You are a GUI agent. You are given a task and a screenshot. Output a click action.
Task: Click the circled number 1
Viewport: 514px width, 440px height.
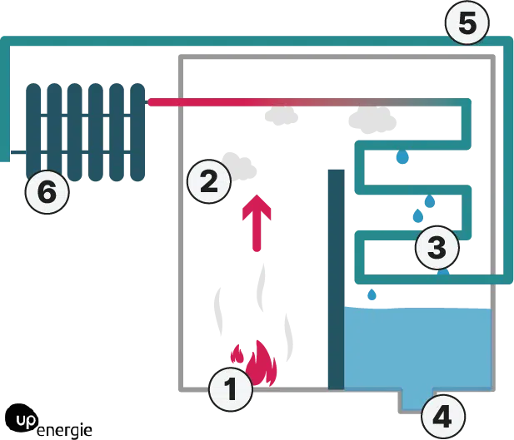[231, 389]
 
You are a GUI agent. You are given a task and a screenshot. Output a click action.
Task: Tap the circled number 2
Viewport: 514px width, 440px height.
[207, 180]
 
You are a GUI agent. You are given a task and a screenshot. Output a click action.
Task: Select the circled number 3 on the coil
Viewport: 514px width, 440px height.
[437, 246]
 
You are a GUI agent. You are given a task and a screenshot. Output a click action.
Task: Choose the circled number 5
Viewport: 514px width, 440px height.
[467, 24]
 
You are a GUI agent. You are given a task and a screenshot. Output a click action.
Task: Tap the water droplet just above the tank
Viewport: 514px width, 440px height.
[372, 294]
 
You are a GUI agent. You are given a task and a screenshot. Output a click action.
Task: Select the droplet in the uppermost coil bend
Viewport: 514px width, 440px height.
[402, 156]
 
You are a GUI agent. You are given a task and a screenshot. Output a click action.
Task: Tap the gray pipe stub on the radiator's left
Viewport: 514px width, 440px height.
[12, 152]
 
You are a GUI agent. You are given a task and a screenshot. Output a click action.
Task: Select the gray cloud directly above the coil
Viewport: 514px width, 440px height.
[372, 121]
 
